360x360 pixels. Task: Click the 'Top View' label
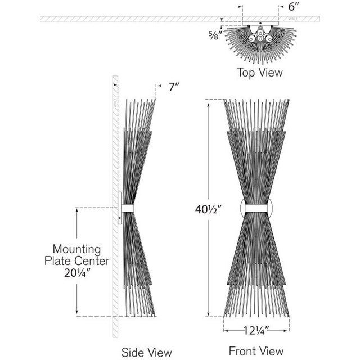coord(260,72)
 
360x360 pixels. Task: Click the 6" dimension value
coord(294,7)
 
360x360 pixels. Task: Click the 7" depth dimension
coord(173,87)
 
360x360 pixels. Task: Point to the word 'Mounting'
coord(76,248)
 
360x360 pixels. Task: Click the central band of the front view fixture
coord(256,208)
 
